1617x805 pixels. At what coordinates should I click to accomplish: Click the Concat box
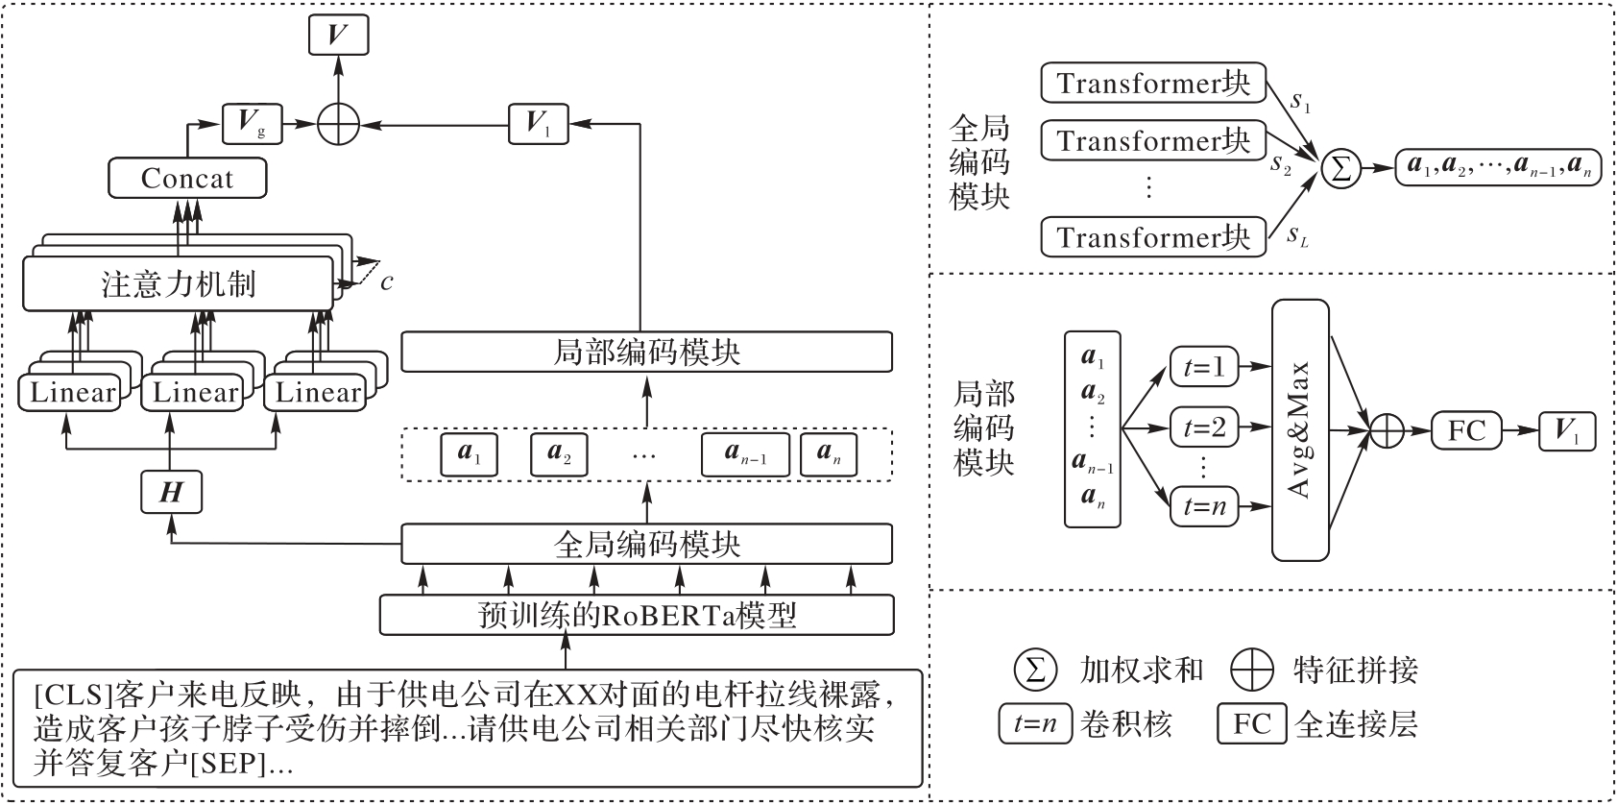pos(187,179)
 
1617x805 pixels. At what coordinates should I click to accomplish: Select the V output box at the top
pos(338,36)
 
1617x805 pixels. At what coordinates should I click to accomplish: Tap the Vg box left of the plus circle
pos(252,123)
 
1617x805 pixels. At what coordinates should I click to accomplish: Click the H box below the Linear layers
pos(171,493)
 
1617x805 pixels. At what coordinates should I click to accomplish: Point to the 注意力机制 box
pos(179,285)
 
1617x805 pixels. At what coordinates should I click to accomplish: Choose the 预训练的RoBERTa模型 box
pos(637,615)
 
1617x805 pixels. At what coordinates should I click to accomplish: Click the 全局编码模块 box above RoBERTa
pos(646,545)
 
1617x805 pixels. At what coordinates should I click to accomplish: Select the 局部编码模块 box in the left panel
pos(646,352)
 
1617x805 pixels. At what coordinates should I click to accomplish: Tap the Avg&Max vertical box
pos(1300,430)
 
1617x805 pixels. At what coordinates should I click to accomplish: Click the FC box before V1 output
pos(1466,430)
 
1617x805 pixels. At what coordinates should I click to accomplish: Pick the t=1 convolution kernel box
pos(1204,367)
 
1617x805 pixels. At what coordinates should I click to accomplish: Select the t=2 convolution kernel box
pos(1204,427)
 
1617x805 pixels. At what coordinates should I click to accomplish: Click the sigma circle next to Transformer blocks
pos(1340,169)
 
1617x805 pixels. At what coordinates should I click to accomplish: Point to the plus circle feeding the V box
pos(338,123)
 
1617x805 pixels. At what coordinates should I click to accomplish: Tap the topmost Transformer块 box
pos(1153,84)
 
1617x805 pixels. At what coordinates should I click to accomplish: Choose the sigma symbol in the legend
pos(1035,670)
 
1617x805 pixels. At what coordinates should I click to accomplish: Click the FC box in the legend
pos(1251,723)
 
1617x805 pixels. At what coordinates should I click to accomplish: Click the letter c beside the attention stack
pos(386,282)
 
